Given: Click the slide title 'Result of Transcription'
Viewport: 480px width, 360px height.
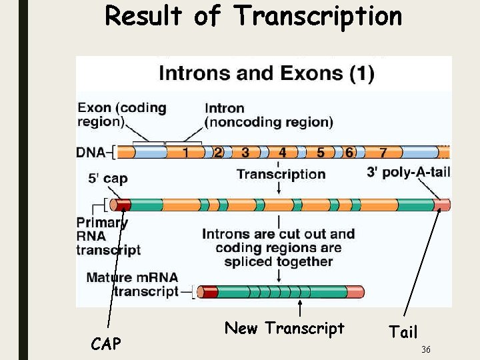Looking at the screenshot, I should coord(253,16).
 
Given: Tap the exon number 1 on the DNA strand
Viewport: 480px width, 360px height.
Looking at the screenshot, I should coord(185,153).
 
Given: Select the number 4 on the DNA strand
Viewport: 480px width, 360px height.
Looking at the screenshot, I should coord(283,153).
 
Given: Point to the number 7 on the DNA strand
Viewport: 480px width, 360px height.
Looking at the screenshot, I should coord(383,153).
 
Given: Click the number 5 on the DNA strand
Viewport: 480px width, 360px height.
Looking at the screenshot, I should coord(321,153).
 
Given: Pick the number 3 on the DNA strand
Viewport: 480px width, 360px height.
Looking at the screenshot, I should coord(245,153).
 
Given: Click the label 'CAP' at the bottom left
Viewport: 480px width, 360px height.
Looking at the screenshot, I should coord(106,344).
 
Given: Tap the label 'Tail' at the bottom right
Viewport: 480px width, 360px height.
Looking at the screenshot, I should coord(403,332).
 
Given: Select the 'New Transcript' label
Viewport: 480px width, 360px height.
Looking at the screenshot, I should coord(284,328).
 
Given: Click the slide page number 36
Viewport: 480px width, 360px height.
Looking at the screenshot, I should coord(426,350).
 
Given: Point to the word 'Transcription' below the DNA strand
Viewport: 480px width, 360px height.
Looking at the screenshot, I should coord(281,174).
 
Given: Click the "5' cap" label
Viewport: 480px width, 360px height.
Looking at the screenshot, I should coord(107,179).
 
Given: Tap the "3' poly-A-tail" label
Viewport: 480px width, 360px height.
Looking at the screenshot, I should coord(408,172).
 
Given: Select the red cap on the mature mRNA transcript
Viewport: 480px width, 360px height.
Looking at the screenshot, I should coord(209,292).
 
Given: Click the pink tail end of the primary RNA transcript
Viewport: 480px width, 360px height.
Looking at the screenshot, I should coord(442,205).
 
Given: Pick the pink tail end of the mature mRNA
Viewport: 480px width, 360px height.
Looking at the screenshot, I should coord(356,292).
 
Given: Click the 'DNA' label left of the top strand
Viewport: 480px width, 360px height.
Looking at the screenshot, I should coord(90,153).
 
